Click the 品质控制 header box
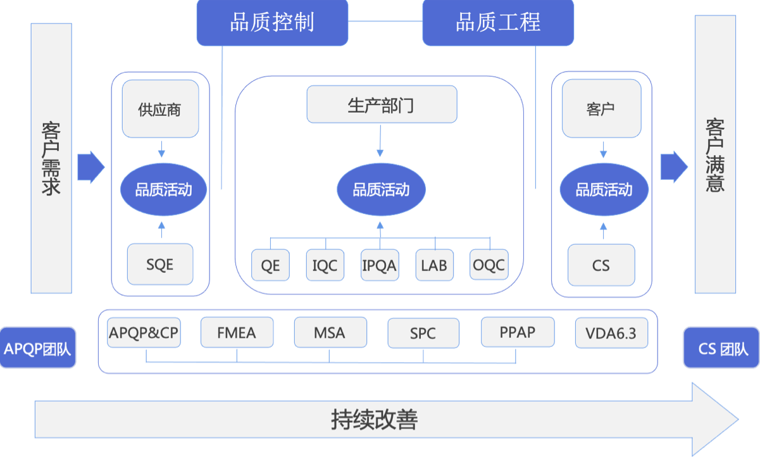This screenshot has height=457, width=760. (x=272, y=23)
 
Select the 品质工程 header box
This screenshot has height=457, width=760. (x=498, y=23)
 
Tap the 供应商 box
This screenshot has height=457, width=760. (x=160, y=109)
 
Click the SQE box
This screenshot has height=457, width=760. (x=160, y=264)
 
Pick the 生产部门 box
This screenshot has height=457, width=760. (x=381, y=104)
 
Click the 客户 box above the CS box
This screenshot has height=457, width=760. (x=601, y=109)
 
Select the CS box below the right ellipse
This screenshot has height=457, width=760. (x=601, y=265)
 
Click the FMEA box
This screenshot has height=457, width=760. (x=237, y=332)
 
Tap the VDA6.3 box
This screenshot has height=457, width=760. (x=611, y=333)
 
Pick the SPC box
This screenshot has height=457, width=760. (x=423, y=333)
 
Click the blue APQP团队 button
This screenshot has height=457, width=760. (x=38, y=348)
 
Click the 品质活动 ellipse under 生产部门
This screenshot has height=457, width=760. (x=381, y=189)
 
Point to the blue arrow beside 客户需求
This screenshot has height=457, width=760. (x=90, y=167)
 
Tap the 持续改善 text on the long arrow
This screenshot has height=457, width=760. (x=375, y=420)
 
